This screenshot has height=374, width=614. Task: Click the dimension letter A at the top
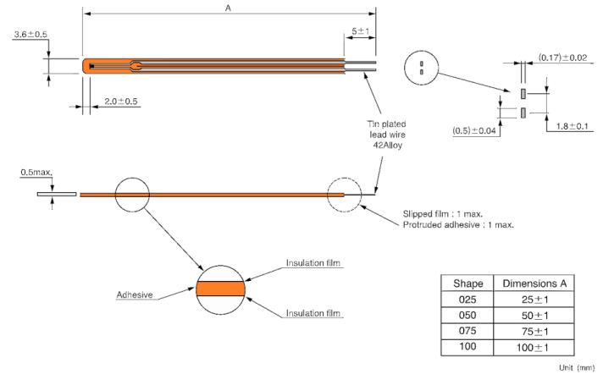[230, 6]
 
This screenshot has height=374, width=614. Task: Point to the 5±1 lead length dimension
[359, 31]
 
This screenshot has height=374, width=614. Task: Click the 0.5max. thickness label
[37, 173]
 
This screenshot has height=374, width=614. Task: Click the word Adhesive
[135, 296]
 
